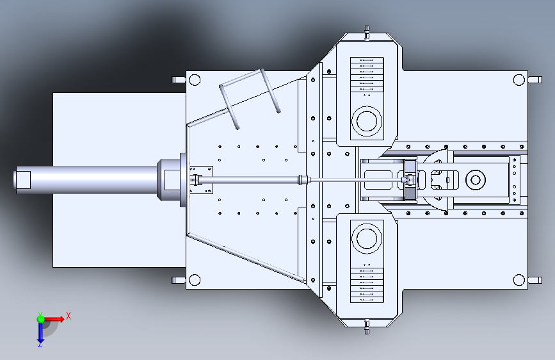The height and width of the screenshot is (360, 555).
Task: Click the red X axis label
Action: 68,316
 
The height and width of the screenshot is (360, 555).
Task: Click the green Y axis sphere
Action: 41,319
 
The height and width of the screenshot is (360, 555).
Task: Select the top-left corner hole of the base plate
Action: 195,79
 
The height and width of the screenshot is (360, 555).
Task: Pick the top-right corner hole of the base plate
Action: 519,79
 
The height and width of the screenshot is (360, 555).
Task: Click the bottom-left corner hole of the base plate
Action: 195,280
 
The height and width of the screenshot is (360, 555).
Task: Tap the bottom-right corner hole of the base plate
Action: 519,280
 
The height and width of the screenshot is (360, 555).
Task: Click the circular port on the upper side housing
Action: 367,121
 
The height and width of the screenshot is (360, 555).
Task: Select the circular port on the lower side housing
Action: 367,238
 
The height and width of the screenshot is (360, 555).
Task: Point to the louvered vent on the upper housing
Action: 367,74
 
